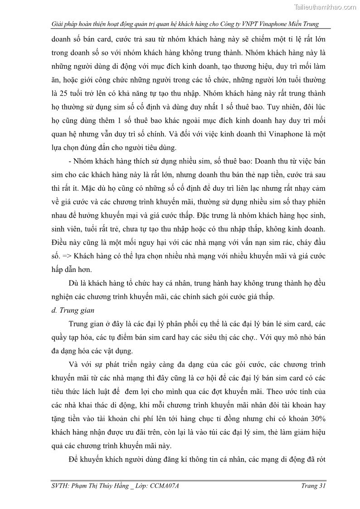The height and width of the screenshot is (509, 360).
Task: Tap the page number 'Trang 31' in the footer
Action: point(313,486)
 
